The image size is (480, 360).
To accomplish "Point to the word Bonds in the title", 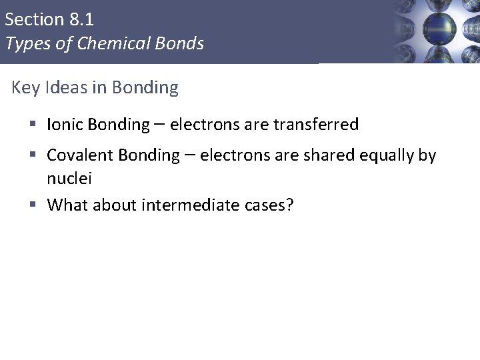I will pyautogui.click(x=181, y=44).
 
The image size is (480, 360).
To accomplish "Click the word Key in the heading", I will pyautogui.click(x=25, y=88).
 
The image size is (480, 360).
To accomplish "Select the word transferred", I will pyautogui.click(x=317, y=125).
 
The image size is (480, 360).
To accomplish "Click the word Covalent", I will pyautogui.click(x=80, y=156).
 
